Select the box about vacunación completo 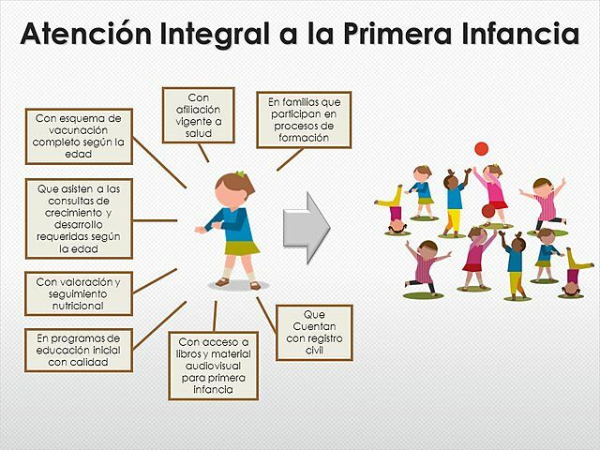(79, 136)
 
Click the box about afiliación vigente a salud (198, 114)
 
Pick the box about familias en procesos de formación (304, 119)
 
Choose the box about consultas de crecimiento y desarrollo (79, 217)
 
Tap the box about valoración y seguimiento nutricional (79, 293)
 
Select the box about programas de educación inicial (79, 350)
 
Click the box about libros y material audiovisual (213, 366)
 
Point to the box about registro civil (314, 333)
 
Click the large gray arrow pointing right (307, 224)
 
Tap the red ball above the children (482, 148)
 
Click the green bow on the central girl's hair (240, 174)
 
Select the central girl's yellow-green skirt (240, 247)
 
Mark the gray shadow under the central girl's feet (238, 285)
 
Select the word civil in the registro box (314, 350)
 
